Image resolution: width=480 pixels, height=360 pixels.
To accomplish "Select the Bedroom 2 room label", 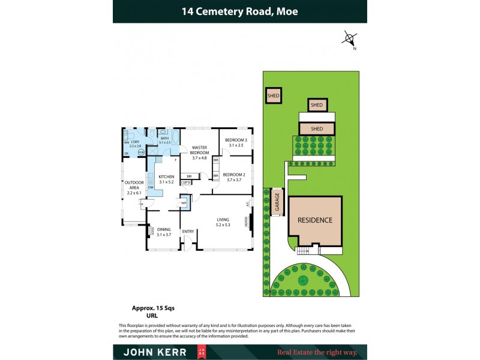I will pyautogui.click(x=234, y=177).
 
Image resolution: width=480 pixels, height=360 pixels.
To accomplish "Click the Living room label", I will pyautogui.click(x=223, y=222).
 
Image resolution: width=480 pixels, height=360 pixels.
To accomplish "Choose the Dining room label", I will pyautogui.click(x=164, y=232).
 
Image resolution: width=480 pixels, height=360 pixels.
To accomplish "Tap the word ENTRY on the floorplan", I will pyautogui.click(x=188, y=232).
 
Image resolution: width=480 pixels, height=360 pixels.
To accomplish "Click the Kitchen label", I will pyautogui.click(x=166, y=179).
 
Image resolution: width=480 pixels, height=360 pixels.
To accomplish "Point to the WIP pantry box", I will pyautogui.click(x=184, y=202).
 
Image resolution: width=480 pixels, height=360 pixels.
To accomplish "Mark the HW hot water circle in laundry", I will pyautogui.click(x=141, y=152).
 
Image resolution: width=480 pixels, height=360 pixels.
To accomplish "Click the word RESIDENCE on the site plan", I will pyautogui.click(x=316, y=220).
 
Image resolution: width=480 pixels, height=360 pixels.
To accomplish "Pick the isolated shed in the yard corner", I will pyautogui.click(x=274, y=95).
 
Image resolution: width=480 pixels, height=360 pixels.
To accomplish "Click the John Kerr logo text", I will pyautogui.click(x=149, y=352).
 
